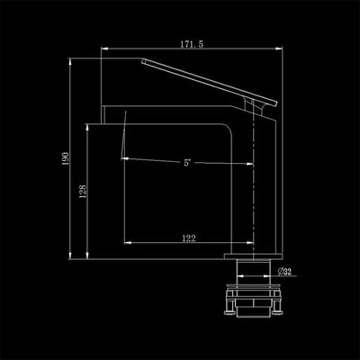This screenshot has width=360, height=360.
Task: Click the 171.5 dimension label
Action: tap(192, 44)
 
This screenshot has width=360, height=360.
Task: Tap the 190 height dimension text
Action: tap(66, 158)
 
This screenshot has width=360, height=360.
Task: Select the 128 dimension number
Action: tap(83, 191)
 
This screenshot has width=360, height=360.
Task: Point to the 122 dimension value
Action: tap(189, 238)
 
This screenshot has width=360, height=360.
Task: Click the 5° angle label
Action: tap(187, 163)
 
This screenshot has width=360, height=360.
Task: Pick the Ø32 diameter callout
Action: tap(284, 272)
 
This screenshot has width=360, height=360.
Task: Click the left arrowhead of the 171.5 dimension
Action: tap(104, 48)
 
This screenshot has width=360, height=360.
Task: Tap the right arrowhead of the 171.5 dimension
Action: tap(279, 48)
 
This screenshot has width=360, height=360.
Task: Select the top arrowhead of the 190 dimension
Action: tap(70, 61)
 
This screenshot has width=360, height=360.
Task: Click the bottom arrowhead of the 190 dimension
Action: tap(70, 256)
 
